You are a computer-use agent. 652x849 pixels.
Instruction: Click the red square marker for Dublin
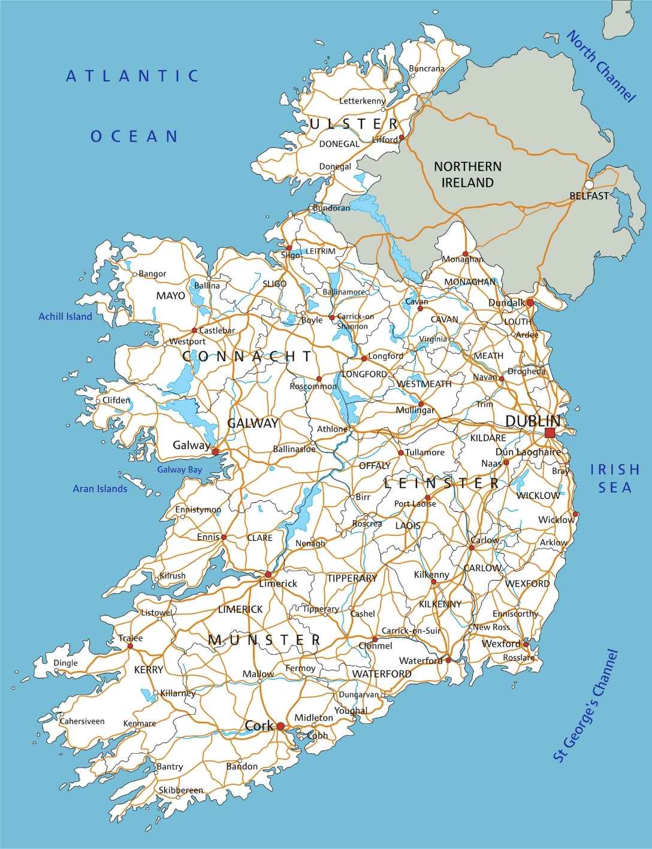(x=550, y=433)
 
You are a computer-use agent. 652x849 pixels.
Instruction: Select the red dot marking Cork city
(x=280, y=726)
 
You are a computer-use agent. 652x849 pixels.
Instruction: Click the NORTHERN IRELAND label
(x=467, y=174)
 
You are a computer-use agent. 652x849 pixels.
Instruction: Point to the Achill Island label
(x=65, y=316)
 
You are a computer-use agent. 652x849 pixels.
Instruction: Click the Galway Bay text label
(x=179, y=470)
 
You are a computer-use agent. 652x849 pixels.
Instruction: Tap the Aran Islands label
(x=100, y=489)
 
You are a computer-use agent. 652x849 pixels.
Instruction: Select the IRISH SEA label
(x=615, y=478)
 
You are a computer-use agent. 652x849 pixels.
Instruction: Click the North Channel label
(x=600, y=66)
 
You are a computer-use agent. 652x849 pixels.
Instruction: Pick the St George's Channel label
(x=585, y=707)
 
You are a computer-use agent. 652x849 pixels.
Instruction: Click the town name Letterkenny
(x=362, y=101)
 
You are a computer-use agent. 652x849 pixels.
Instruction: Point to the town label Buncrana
(x=427, y=68)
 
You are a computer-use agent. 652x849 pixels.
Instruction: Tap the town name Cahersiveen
(x=81, y=721)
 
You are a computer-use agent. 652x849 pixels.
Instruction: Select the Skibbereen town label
(x=180, y=790)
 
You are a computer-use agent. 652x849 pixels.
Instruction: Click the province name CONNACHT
(x=247, y=357)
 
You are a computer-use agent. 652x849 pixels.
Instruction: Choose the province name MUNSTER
(x=264, y=639)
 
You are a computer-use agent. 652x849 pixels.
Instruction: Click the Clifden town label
(x=116, y=400)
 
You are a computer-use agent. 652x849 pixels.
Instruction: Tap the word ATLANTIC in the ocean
(x=132, y=76)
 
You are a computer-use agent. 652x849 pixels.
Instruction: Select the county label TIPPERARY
(x=352, y=578)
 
